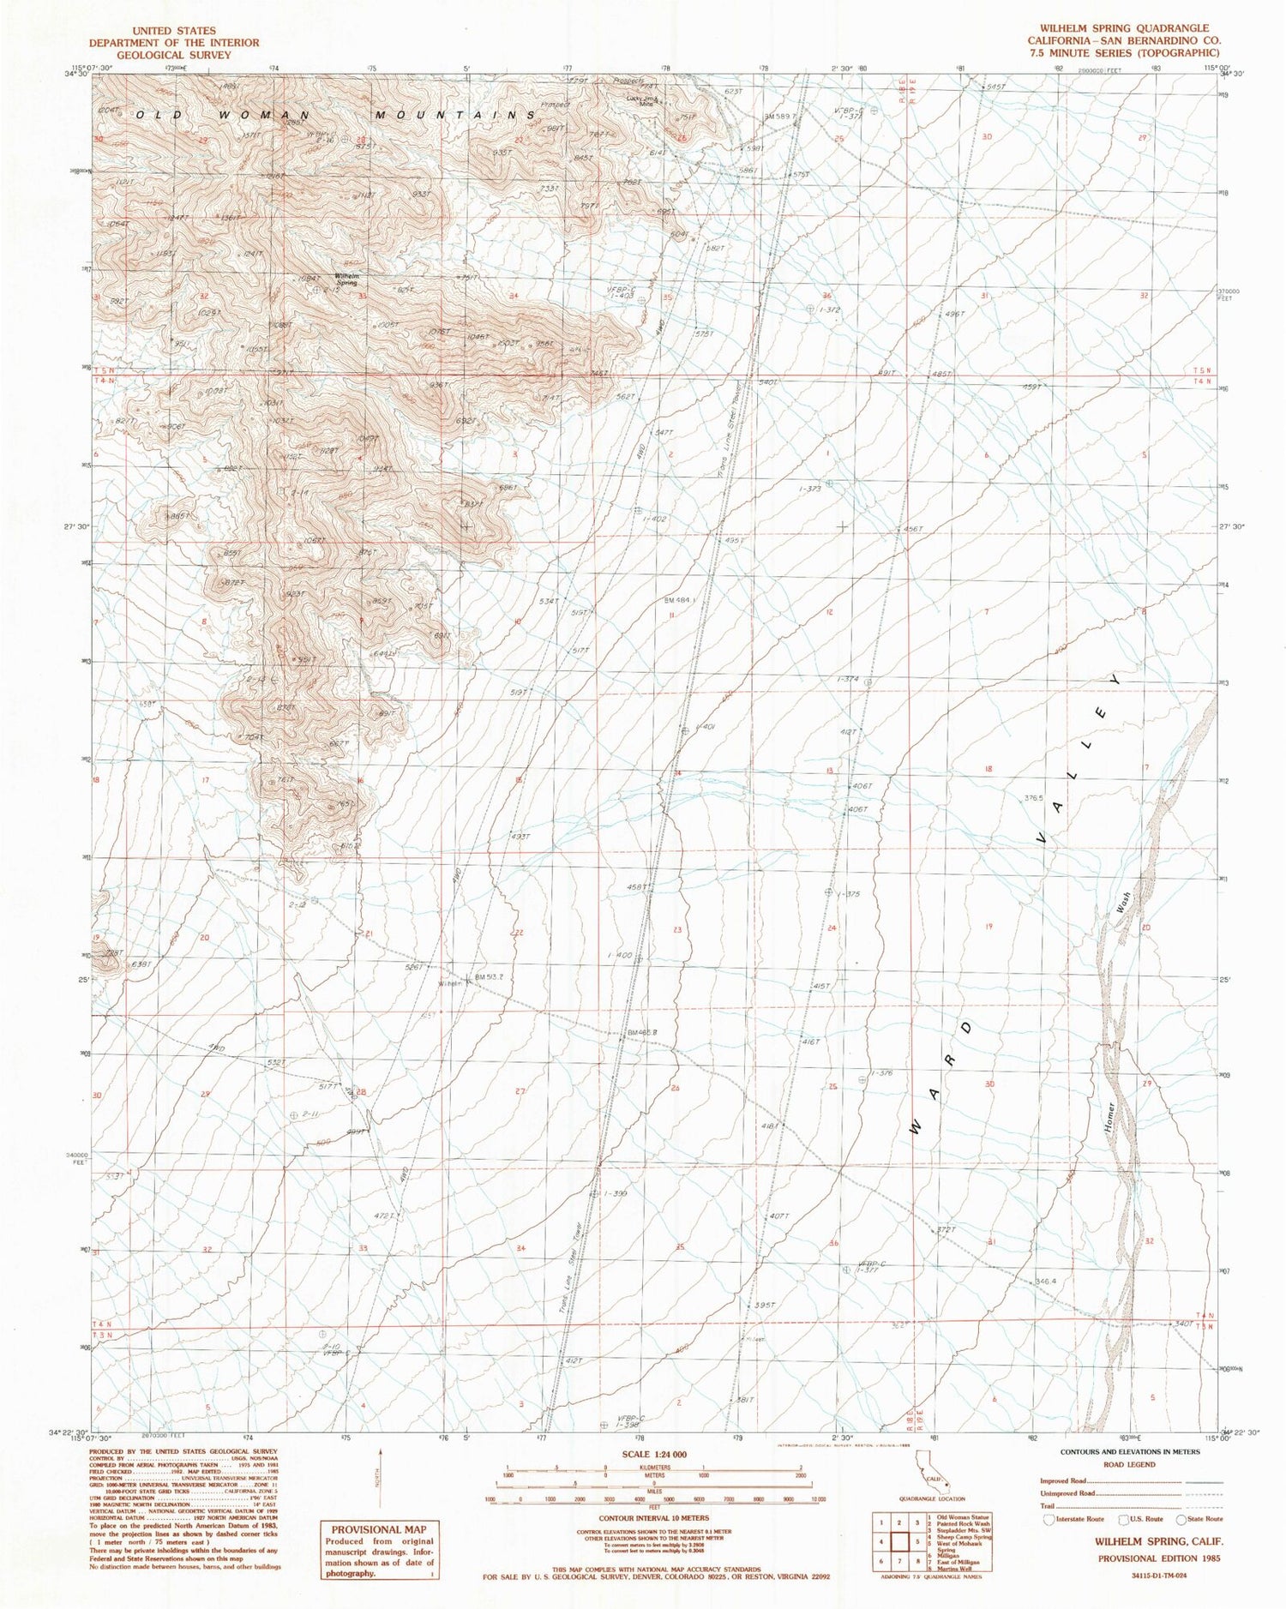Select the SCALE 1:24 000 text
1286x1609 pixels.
click(645, 1454)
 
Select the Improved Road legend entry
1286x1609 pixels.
click(1062, 1480)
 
